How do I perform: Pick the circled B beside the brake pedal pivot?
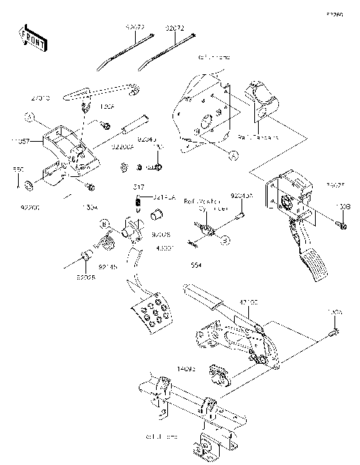pos(106,223)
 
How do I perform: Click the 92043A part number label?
pos(238,196)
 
